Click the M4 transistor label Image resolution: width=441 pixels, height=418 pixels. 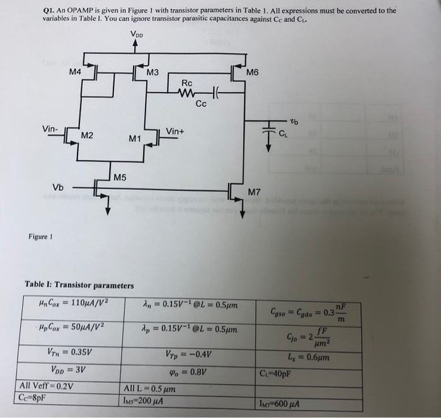[76, 73]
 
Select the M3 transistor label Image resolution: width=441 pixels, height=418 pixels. [152, 73]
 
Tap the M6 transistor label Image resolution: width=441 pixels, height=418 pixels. [253, 73]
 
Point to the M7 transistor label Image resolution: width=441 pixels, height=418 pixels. [254, 191]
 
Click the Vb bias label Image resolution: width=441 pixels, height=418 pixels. [58, 187]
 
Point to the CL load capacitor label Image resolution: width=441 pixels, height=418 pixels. [284, 132]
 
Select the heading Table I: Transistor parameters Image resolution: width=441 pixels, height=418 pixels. [79, 285]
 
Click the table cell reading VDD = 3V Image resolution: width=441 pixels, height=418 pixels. [67, 370]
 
